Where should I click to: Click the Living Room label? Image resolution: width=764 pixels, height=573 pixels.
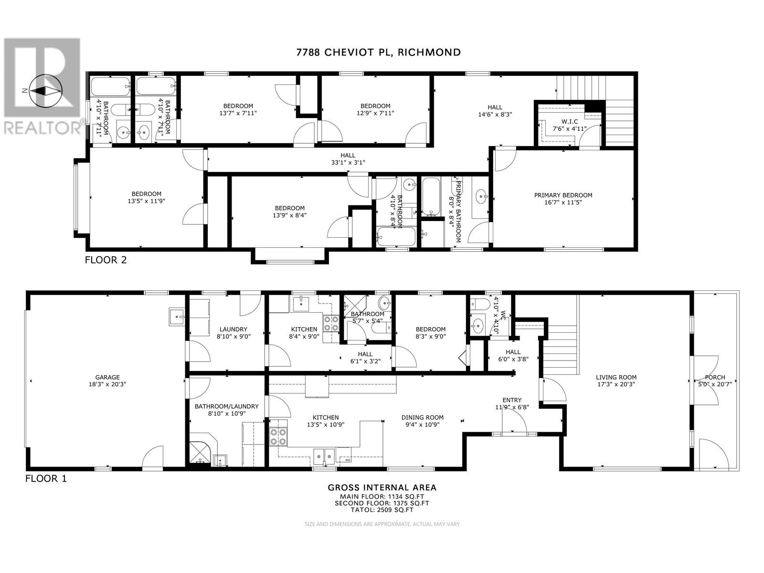coord(616,377)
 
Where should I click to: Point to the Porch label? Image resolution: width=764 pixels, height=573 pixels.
coord(714,377)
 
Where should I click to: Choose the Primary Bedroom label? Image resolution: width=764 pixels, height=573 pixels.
coord(563,195)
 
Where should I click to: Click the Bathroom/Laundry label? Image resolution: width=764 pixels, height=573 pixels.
coord(226,406)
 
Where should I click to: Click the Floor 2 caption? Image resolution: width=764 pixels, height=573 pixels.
coord(106,260)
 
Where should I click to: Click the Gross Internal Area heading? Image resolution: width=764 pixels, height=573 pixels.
coord(382,488)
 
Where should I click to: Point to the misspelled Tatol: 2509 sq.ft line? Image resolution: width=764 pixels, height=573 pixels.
coord(382,509)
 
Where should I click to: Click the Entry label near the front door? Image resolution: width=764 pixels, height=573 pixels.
coord(512,400)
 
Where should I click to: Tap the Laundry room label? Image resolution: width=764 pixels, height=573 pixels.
coord(233,329)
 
